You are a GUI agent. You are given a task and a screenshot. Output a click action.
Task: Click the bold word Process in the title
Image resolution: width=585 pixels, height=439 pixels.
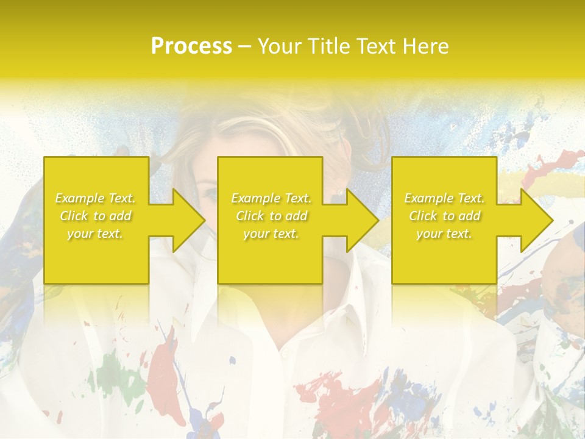click(191, 46)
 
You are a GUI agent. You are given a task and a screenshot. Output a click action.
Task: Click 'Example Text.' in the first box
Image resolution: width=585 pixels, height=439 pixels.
click(96, 198)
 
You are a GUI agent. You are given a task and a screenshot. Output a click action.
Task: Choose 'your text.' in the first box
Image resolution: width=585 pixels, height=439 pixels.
click(96, 234)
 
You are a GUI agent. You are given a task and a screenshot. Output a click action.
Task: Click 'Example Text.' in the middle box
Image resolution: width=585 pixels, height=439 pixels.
click(271, 198)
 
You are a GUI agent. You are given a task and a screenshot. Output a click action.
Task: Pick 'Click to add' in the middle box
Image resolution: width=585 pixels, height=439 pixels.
click(271, 216)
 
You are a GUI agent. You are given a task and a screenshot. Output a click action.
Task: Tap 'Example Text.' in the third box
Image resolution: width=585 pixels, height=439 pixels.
click(444, 198)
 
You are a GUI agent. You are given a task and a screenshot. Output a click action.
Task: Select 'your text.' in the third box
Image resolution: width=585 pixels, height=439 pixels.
click(444, 234)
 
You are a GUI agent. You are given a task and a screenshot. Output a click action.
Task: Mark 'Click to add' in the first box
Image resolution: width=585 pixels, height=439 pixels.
click(96, 216)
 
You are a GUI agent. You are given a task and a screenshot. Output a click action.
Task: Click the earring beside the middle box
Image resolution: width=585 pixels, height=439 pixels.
click(340, 192)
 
